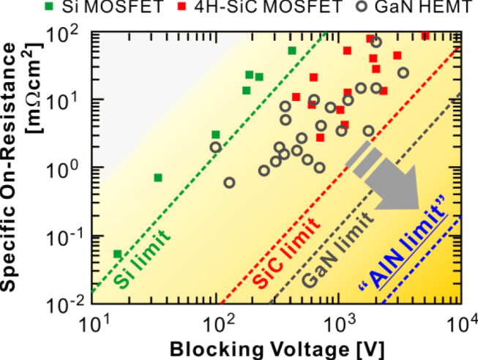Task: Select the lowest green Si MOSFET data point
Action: point(117,254)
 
